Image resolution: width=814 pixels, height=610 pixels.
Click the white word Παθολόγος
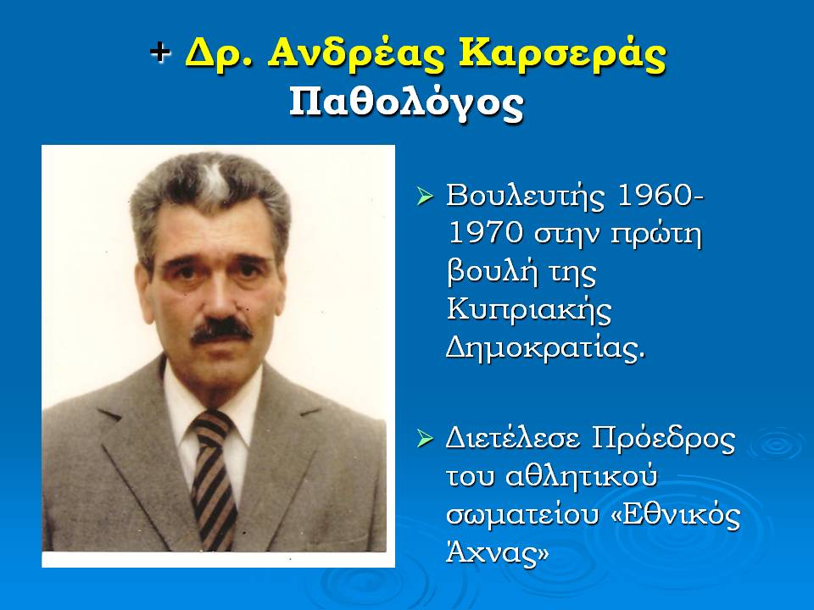pos(406,103)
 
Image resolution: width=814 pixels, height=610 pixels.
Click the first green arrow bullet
pos(425,197)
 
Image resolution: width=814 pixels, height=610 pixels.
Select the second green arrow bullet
pos(425,439)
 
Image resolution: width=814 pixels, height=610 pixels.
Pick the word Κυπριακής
pos(529,311)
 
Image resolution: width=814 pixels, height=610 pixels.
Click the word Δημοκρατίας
pos(545,348)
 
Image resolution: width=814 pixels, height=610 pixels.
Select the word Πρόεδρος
pos(663,440)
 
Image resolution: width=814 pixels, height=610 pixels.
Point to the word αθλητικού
pos(581,477)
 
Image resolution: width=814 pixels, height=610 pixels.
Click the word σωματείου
pos(522,517)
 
